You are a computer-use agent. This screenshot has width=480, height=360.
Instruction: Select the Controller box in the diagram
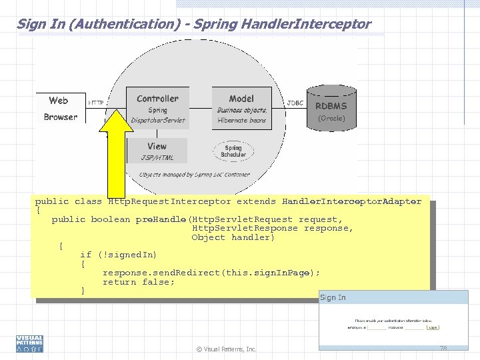[x=157, y=108]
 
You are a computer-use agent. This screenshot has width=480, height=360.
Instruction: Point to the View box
[x=157, y=151]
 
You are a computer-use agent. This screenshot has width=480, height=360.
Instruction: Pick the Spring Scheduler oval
[x=233, y=151]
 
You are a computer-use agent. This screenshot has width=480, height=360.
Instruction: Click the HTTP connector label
[x=96, y=103]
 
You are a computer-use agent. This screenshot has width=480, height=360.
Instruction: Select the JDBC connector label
[x=295, y=103]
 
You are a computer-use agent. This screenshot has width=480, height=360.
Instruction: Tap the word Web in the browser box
[x=59, y=101]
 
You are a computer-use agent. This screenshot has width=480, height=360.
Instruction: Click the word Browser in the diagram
[x=60, y=117]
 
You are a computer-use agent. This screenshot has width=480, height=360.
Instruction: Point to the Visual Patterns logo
[x=29, y=343]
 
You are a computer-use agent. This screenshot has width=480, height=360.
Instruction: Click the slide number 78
[x=443, y=348]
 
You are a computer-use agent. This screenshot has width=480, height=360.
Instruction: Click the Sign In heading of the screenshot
[x=333, y=297]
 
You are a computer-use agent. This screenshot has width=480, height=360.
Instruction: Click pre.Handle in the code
[x=161, y=219]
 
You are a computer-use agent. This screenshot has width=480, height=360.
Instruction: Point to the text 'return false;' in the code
[x=139, y=282]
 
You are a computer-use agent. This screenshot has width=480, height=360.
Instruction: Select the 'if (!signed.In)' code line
[x=118, y=255]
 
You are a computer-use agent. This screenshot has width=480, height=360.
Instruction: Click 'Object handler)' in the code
[x=233, y=237]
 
